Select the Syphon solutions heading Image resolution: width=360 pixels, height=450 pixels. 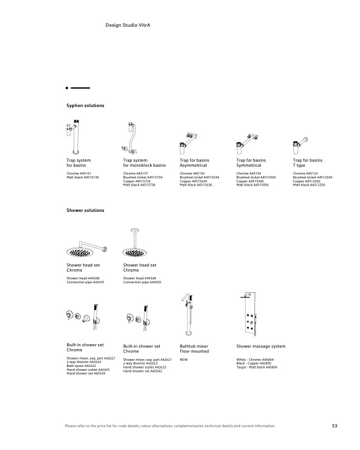tap(85, 105)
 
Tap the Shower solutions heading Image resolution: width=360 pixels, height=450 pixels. tap(85, 210)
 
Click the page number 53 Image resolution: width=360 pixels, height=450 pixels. tap(334, 426)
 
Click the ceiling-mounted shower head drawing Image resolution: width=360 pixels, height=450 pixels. tap(134, 243)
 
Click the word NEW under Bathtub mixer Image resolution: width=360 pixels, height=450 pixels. tap(184, 360)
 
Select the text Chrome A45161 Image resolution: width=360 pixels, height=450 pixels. tap(79, 173)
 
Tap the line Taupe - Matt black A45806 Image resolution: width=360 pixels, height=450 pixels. tap(257, 367)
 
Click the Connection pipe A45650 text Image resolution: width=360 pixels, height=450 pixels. tap(142, 282)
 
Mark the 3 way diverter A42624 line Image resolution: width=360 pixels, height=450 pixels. tap(84, 362)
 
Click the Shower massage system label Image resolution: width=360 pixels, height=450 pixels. tap(261, 346)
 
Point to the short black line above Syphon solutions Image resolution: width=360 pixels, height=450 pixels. tap(80, 88)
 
